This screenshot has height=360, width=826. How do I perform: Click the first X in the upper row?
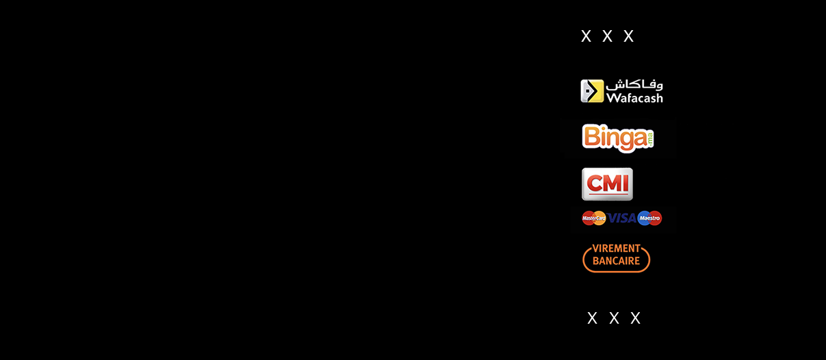586,36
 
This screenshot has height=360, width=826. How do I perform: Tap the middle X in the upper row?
607,36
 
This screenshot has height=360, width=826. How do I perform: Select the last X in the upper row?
629,36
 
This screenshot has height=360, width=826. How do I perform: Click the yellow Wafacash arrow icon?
592,91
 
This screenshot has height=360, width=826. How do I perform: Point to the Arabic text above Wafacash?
634,85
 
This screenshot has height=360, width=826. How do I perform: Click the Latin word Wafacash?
634,98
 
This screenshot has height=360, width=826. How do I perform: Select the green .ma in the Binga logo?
650,138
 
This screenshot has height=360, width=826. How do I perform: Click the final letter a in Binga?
640,140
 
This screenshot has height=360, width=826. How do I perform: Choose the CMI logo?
607,184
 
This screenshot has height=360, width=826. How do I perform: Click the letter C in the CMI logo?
595,183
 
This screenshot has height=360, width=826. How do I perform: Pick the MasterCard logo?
594,218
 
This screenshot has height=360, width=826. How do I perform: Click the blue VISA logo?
621,218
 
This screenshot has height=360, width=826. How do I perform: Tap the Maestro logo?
649,218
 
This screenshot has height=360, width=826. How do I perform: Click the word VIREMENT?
616,248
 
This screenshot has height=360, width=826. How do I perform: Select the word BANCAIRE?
616,261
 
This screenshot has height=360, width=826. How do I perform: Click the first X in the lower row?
592,318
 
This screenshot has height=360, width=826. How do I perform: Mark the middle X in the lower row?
614,318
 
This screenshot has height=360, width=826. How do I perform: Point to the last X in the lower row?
635,318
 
